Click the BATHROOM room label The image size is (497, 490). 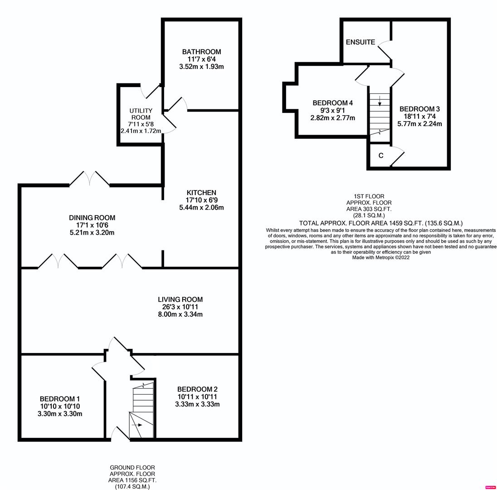pos(201,52)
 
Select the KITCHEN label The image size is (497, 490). pos(201,193)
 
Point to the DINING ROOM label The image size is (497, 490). pos(92,218)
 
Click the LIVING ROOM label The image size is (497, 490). pos(180,299)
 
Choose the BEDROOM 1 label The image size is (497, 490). pos(60,399)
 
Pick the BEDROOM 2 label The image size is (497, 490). pos(197,389)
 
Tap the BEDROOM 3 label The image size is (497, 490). pos(419,109)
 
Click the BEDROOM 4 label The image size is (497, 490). pos(332,103)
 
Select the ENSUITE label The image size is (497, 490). pos(360,42)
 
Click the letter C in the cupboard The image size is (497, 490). pos(380,156)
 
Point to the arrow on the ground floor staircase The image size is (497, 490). pos(138,425)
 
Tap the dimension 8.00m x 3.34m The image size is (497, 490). pos(180,314)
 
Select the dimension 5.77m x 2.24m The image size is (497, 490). pos(419,123)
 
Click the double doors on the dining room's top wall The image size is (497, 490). pos(89,179)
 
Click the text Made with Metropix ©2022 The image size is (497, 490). pos(380,258)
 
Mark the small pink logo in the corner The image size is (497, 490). pos(490,487)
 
